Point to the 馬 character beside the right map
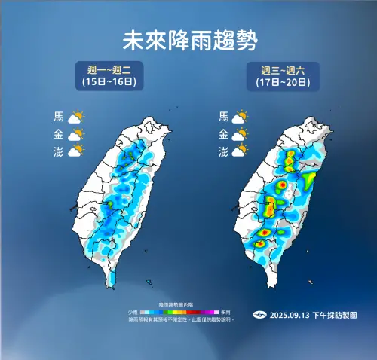[x=223, y=117]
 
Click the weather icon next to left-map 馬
[x=75, y=117]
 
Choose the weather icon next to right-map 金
[x=241, y=135]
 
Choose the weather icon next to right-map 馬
[x=241, y=117]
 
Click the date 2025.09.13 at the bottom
[x=290, y=314]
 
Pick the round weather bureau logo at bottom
[x=259, y=314]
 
